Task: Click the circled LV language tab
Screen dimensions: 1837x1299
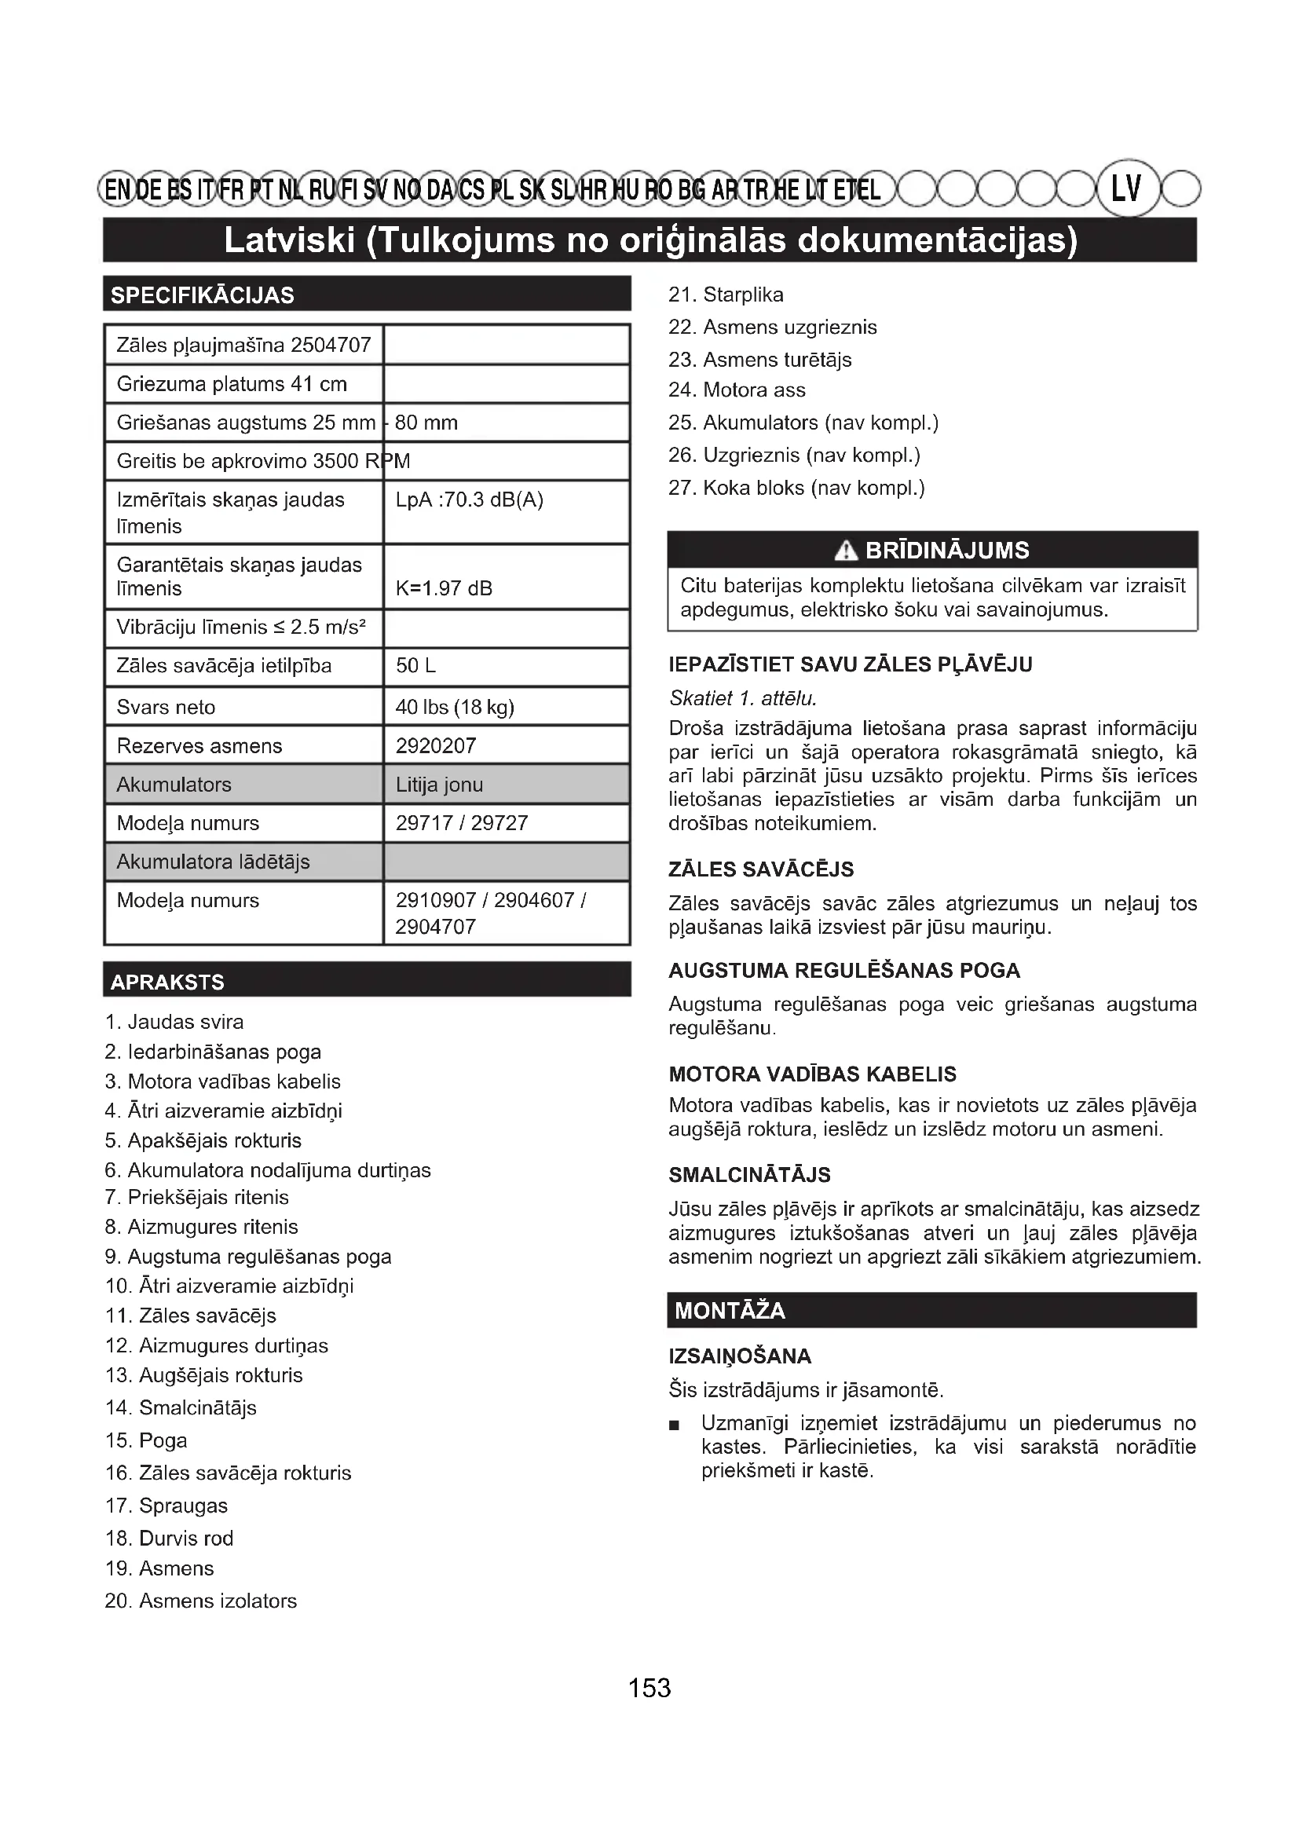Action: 1126,188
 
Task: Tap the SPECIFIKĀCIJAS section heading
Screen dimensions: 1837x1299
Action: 203,295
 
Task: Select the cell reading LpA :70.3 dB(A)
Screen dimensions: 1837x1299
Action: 470,500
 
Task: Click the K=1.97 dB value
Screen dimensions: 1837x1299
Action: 444,589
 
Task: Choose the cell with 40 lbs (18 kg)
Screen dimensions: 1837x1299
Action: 454,708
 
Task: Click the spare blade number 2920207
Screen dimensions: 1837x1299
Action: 436,745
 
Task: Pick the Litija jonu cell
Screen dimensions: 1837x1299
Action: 439,785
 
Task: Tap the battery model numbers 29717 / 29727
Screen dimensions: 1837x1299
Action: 462,823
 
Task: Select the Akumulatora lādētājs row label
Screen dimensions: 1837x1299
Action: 214,862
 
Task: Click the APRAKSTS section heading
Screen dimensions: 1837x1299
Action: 168,982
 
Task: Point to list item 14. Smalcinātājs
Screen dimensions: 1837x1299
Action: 181,1407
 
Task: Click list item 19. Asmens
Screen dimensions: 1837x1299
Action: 160,1568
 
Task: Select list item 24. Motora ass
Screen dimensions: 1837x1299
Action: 737,390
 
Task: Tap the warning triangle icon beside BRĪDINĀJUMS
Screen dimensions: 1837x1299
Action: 845,551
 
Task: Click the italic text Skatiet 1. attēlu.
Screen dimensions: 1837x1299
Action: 743,698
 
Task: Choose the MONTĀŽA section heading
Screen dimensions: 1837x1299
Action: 730,1311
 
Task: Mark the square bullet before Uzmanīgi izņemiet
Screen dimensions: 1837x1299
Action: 675,1425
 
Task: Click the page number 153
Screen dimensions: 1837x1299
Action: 649,1689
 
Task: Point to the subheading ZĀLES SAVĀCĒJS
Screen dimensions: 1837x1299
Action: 761,869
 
